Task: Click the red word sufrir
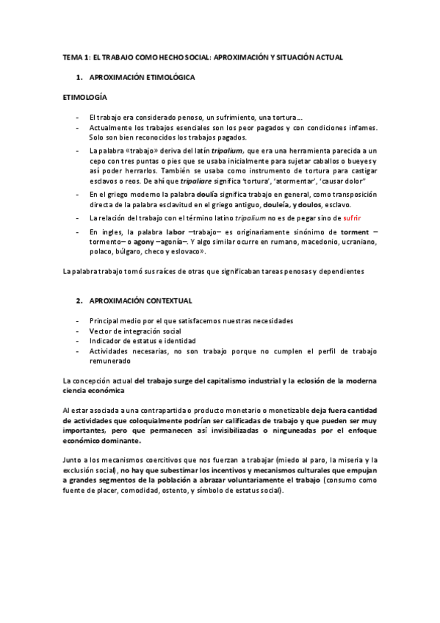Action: (x=349, y=219)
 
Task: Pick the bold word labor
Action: (x=175, y=232)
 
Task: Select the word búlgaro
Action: (x=134, y=252)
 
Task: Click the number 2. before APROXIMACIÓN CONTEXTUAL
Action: (x=79, y=301)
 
